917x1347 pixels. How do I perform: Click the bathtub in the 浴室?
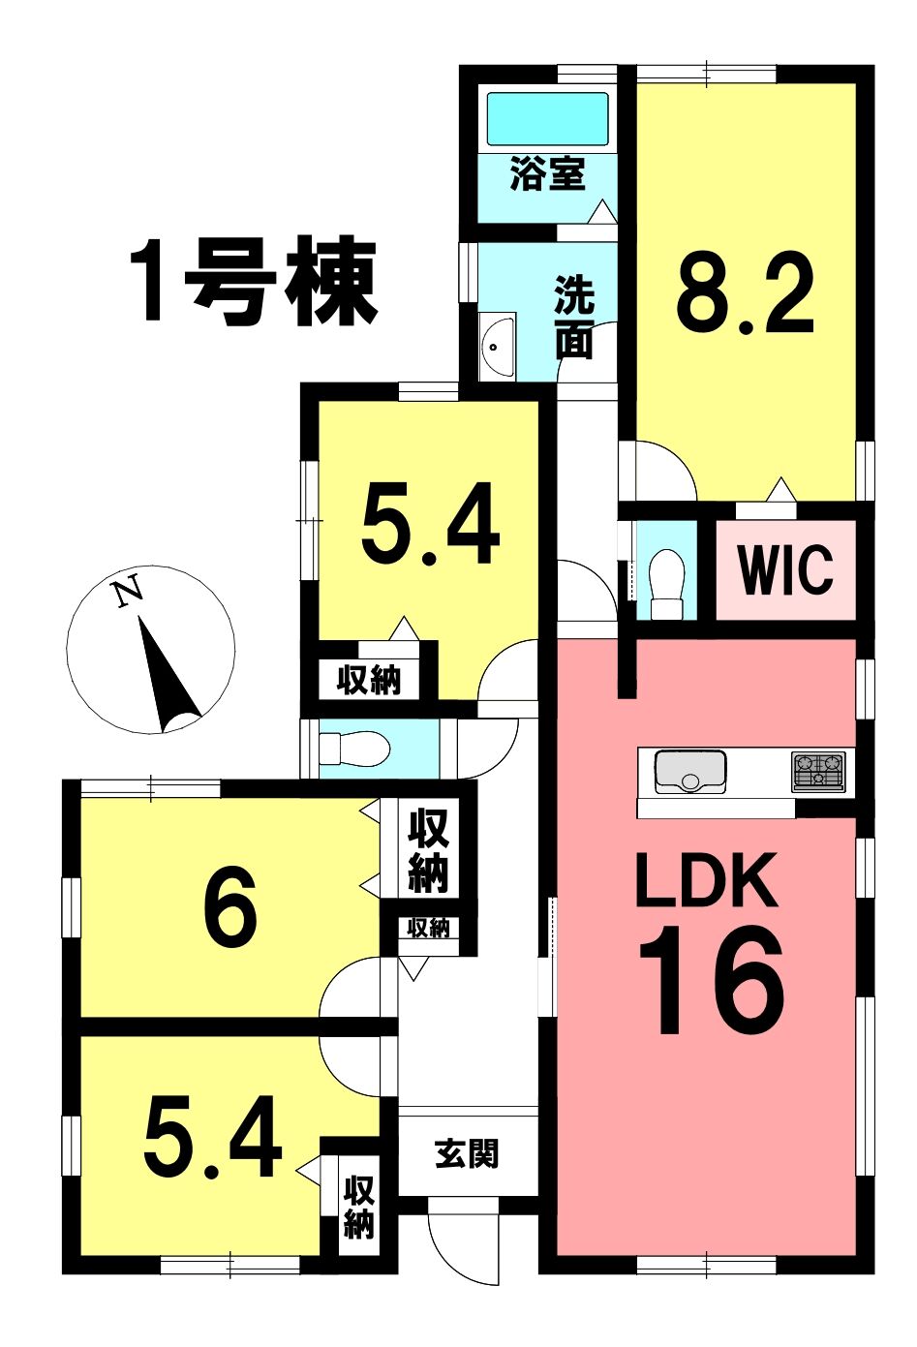click(x=547, y=118)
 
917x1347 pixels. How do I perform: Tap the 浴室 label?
click(x=546, y=173)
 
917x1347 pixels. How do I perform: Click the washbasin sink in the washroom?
click(x=498, y=346)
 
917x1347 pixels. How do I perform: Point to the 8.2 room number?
click(x=745, y=293)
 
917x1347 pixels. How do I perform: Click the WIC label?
click(x=785, y=568)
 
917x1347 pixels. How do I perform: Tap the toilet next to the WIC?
click(x=667, y=583)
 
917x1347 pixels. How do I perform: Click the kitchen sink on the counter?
click(x=689, y=772)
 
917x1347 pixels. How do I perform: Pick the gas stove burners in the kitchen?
click(x=818, y=772)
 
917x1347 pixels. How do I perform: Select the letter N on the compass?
click(x=130, y=592)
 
